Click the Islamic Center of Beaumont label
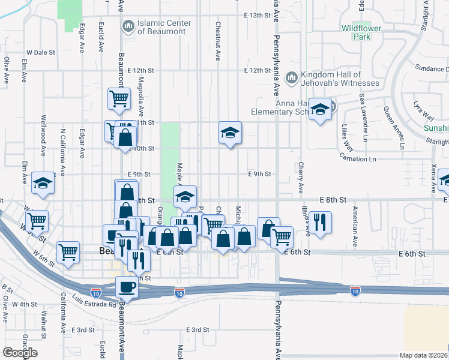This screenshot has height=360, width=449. [164, 27]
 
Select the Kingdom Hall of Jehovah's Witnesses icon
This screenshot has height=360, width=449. [291, 77]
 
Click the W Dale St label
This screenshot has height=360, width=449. [41, 53]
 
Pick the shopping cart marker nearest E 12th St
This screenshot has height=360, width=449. [119, 98]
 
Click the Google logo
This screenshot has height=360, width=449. [20, 353]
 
